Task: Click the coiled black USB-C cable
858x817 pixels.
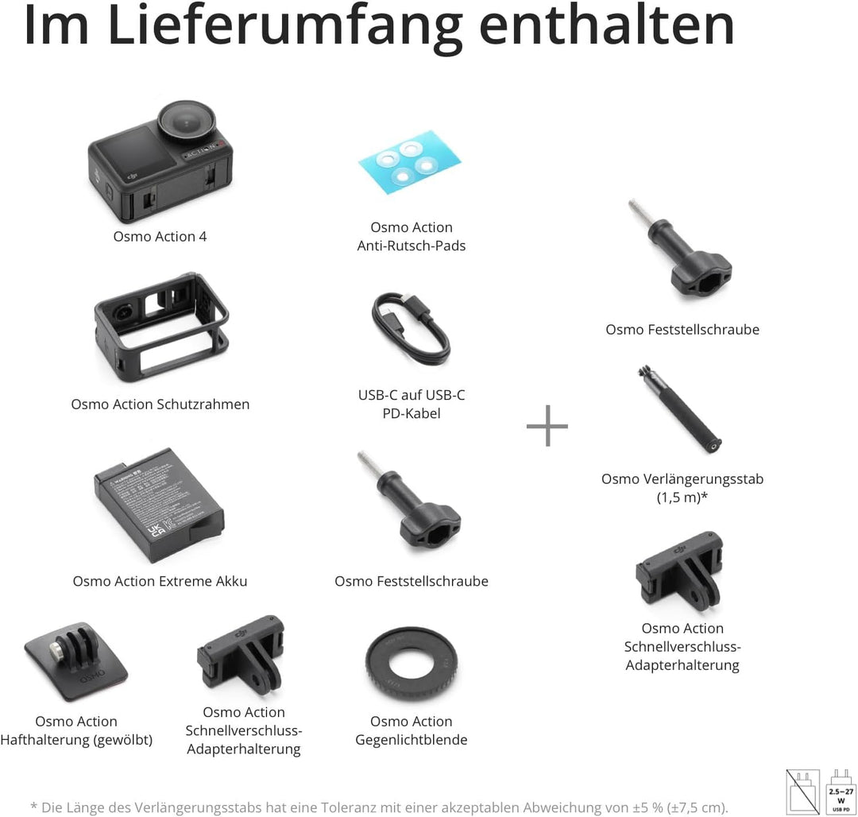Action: [411, 328]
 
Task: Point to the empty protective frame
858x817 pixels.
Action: [161, 326]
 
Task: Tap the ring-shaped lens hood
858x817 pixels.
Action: [412, 663]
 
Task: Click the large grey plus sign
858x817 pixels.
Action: [547, 426]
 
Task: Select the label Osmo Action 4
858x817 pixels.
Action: [160, 236]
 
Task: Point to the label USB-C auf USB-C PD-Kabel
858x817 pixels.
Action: [411, 404]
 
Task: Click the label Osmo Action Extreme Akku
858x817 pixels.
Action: [160, 581]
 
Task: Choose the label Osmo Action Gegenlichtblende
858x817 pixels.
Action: [411, 730]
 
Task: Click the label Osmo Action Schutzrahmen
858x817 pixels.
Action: [160, 404]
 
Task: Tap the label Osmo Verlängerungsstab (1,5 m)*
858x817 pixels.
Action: [682, 488]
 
